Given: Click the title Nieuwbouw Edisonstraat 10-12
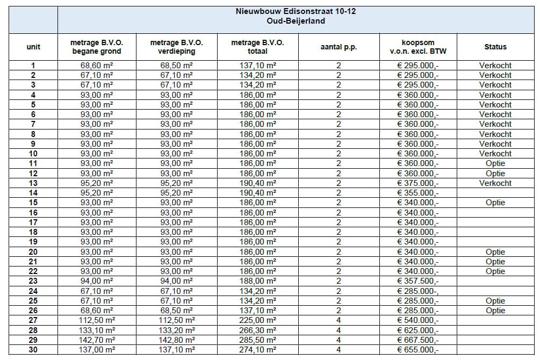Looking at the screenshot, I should pyautogui.click(x=296, y=11).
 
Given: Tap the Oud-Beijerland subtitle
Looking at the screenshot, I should pyautogui.click(x=296, y=21).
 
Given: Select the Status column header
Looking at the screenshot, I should pyautogui.click(x=495, y=47).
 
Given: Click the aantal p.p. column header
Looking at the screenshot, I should pyautogui.click(x=339, y=47).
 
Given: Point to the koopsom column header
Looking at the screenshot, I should pyautogui.click(x=417, y=47).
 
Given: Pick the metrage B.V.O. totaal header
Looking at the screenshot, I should pyautogui.click(x=257, y=47).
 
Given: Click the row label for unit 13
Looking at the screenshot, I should pyautogui.click(x=33, y=183).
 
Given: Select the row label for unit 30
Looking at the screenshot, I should pyautogui.click(x=33, y=350).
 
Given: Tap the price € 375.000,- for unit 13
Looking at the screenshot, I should pyautogui.click(x=417, y=183).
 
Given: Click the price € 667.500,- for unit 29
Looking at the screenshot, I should pyautogui.click(x=417, y=340).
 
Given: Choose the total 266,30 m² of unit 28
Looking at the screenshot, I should pyautogui.click(x=257, y=330).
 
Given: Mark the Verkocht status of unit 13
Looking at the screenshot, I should pyautogui.click(x=495, y=183).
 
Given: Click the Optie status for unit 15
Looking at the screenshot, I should pyautogui.click(x=495, y=203).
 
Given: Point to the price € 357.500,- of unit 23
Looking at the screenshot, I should pyautogui.click(x=417, y=281).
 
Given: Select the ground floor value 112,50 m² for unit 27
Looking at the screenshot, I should pyautogui.click(x=96, y=320).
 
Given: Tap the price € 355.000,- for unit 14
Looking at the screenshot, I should pyautogui.click(x=417, y=193).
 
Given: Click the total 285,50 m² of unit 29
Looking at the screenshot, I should pyautogui.click(x=257, y=340).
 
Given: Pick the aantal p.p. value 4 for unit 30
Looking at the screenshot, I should pyautogui.click(x=339, y=350).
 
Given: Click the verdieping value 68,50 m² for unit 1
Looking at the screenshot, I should pyautogui.click(x=177, y=66).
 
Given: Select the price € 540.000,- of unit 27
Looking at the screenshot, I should pyautogui.click(x=417, y=320).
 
